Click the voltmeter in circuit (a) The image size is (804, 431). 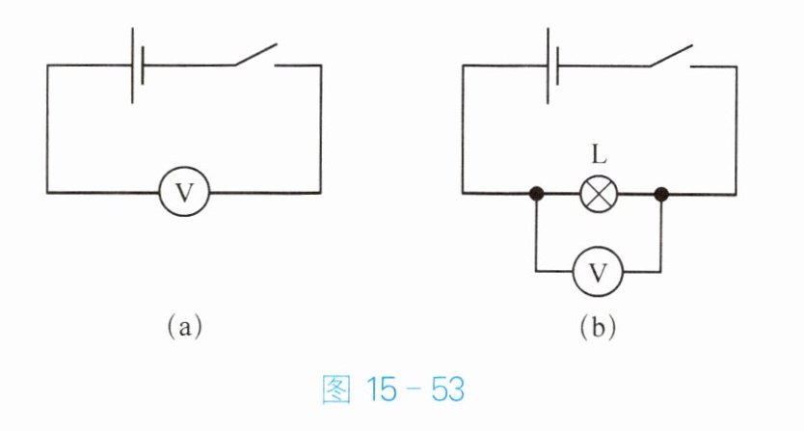[x=184, y=193]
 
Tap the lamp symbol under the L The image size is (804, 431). [x=599, y=194]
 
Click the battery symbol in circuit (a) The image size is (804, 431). [x=137, y=65]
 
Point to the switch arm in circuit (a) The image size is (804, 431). [x=255, y=55]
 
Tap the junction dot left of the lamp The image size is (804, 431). [x=537, y=194]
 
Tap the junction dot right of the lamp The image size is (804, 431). [x=661, y=194]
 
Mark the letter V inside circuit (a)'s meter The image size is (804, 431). [x=184, y=193]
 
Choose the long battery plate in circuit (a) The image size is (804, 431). [x=132, y=65]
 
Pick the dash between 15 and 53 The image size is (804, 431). [x=415, y=391]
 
